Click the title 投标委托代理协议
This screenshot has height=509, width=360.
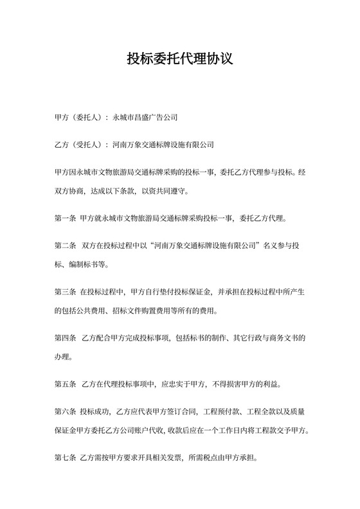point(179,59)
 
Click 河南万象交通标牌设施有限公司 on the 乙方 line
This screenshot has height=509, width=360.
point(163,145)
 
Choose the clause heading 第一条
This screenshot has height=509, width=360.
point(66,218)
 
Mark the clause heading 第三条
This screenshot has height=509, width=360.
point(66,292)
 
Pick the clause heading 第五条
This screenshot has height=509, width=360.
point(66,384)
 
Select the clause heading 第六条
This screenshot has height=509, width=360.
point(66,411)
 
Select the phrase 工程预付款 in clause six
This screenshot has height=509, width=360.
point(220,411)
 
